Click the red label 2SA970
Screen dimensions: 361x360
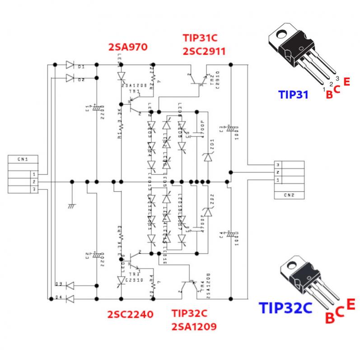(x=128, y=46)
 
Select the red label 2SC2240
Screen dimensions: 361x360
(x=130, y=314)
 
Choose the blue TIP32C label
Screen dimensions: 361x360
(x=285, y=308)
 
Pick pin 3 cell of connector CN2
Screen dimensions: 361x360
(x=278, y=165)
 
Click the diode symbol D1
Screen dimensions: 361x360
(x=70, y=65)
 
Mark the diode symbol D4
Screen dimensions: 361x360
(x=70, y=298)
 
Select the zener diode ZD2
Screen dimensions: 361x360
(x=207, y=212)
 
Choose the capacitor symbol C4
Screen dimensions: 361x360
(x=230, y=234)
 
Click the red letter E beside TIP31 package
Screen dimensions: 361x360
(x=346, y=82)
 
